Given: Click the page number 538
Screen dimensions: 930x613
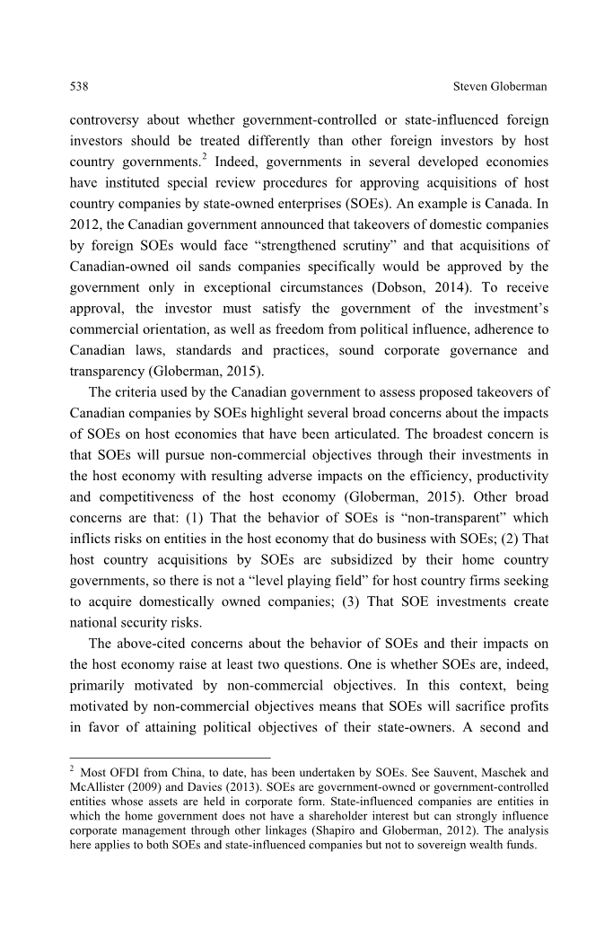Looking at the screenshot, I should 78,86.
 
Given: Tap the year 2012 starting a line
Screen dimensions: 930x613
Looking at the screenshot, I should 83,224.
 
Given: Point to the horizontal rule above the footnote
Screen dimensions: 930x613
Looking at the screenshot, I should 170,758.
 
